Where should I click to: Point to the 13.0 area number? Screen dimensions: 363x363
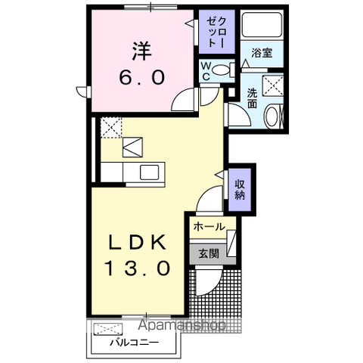click(x=137, y=268)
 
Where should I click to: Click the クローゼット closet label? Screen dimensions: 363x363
click(x=216, y=32)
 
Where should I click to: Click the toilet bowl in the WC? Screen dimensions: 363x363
click(x=221, y=70)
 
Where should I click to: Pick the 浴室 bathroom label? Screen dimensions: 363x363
click(x=262, y=53)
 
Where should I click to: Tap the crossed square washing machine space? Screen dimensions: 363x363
click(x=271, y=84)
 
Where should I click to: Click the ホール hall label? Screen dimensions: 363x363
click(x=208, y=227)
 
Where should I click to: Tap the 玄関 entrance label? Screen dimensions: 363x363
click(x=208, y=254)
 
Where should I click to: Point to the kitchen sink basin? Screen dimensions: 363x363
click(x=149, y=172)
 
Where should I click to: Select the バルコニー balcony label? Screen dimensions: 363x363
click(x=133, y=342)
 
